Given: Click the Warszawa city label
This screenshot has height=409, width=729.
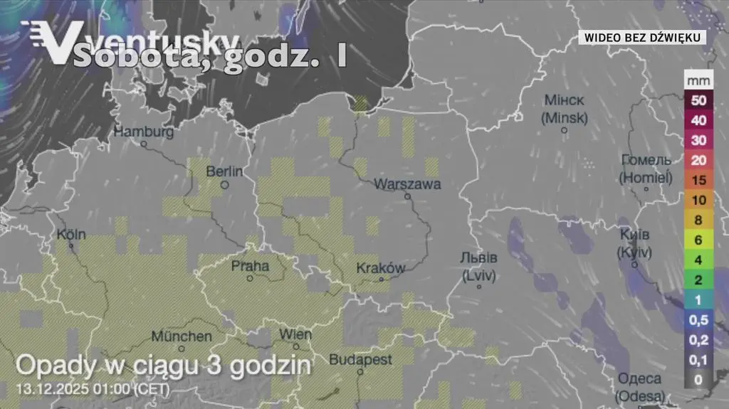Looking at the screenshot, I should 408,184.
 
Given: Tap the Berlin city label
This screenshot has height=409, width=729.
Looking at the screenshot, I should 224,171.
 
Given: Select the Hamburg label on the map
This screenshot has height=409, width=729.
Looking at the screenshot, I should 144,132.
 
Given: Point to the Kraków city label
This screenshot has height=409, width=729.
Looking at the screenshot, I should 381,268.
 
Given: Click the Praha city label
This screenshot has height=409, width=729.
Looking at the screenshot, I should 251,266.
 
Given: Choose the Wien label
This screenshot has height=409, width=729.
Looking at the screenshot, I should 295,334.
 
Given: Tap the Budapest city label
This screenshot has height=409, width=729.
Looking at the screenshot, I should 360,360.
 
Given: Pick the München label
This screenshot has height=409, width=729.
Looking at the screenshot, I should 181,336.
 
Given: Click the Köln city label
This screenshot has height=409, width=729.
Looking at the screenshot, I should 71,234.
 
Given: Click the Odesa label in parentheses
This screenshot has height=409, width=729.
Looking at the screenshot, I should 640,395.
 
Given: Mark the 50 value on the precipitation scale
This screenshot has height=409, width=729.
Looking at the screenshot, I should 698,100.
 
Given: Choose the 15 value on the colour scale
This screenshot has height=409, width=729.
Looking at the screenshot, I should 698,181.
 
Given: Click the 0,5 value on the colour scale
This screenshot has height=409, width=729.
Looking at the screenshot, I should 698,320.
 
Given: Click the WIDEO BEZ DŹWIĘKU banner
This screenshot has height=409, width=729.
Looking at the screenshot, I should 644,36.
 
